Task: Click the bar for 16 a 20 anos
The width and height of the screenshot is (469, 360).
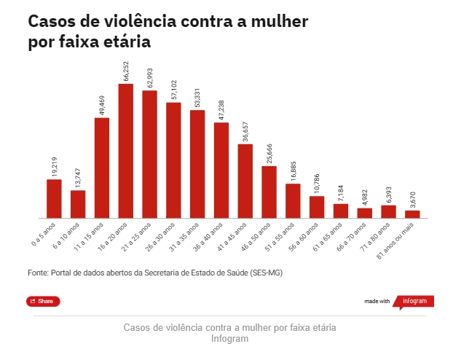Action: click(125, 151)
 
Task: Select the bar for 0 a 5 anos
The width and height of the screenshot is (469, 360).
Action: click(54, 198)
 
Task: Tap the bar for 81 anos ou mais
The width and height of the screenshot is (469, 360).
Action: click(412, 214)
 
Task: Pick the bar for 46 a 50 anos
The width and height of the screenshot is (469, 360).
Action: click(269, 192)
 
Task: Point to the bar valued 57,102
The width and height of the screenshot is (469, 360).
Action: click(173, 160)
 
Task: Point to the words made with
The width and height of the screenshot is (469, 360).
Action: click(377, 301)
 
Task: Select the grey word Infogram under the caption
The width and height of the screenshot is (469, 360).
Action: click(229, 340)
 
